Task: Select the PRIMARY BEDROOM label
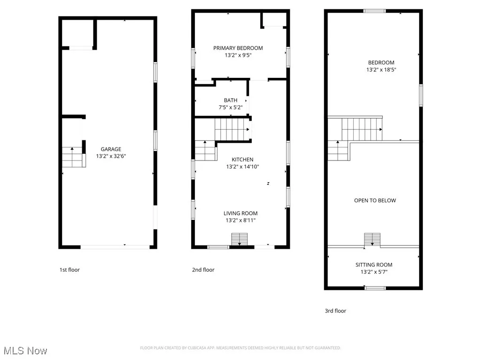coord(238,48)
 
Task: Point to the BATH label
coord(230,100)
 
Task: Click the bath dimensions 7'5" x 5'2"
coord(230,107)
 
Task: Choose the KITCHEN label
coord(242,160)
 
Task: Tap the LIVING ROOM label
coord(240,214)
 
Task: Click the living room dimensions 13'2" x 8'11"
coord(240,220)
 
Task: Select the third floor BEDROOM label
coord(381,62)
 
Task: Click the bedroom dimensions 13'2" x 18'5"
coord(381,69)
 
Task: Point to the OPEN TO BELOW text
coord(375,200)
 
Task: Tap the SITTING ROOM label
coord(373,265)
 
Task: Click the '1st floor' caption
coord(70,270)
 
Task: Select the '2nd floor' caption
coord(203,270)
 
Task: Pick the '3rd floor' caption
coord(335,311)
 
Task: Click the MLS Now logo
coord(24,351)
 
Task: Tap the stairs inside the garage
coord(73,157)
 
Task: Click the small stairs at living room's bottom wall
coord(240,239)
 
